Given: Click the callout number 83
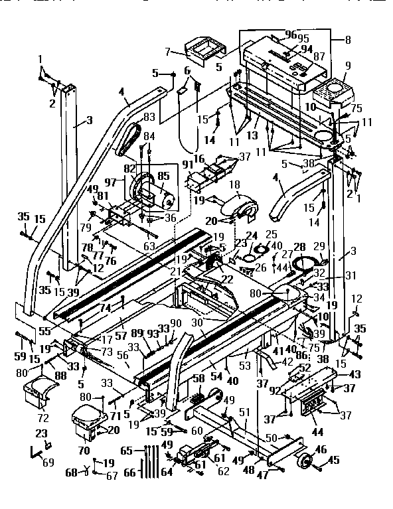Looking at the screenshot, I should [x=148, y=117].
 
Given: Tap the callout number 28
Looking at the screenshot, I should [x=299, y=247].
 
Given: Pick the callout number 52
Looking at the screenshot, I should [x=305, y=368].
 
